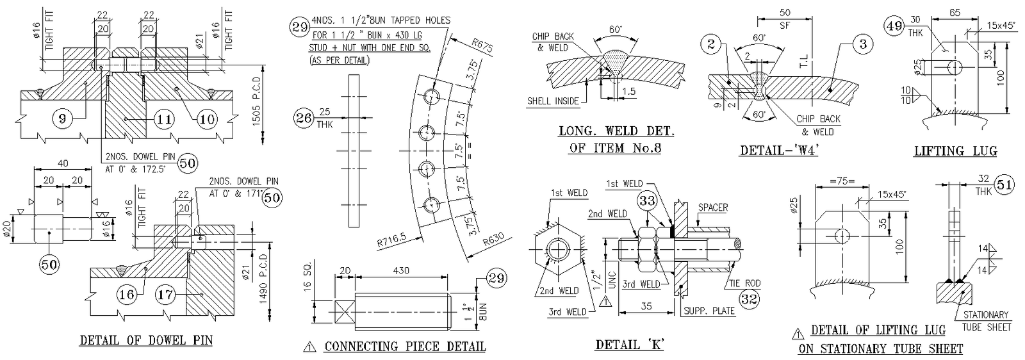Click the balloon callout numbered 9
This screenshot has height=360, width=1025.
[62, 119]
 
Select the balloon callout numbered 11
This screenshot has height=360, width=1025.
[165, 119]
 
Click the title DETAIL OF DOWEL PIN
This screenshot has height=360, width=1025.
[146, 340]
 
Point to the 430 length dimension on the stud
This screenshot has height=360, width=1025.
[401, 271]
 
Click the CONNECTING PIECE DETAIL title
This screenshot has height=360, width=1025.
[405, 347]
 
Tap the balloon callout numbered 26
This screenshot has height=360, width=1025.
[304, 118]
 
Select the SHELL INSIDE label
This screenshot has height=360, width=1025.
[553, 101]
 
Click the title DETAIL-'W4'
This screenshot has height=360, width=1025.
[780, 151]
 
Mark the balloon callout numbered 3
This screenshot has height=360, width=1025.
[863, 44]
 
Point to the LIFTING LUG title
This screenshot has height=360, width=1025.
[955, 151]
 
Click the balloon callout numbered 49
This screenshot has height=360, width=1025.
[894, 26]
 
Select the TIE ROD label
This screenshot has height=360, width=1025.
[744, 282]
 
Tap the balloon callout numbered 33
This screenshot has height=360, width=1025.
[648, 201]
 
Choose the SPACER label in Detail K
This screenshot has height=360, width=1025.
[712, 207]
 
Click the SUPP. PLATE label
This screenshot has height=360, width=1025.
[709, 311]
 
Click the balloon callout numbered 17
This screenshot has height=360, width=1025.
[165, 294]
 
